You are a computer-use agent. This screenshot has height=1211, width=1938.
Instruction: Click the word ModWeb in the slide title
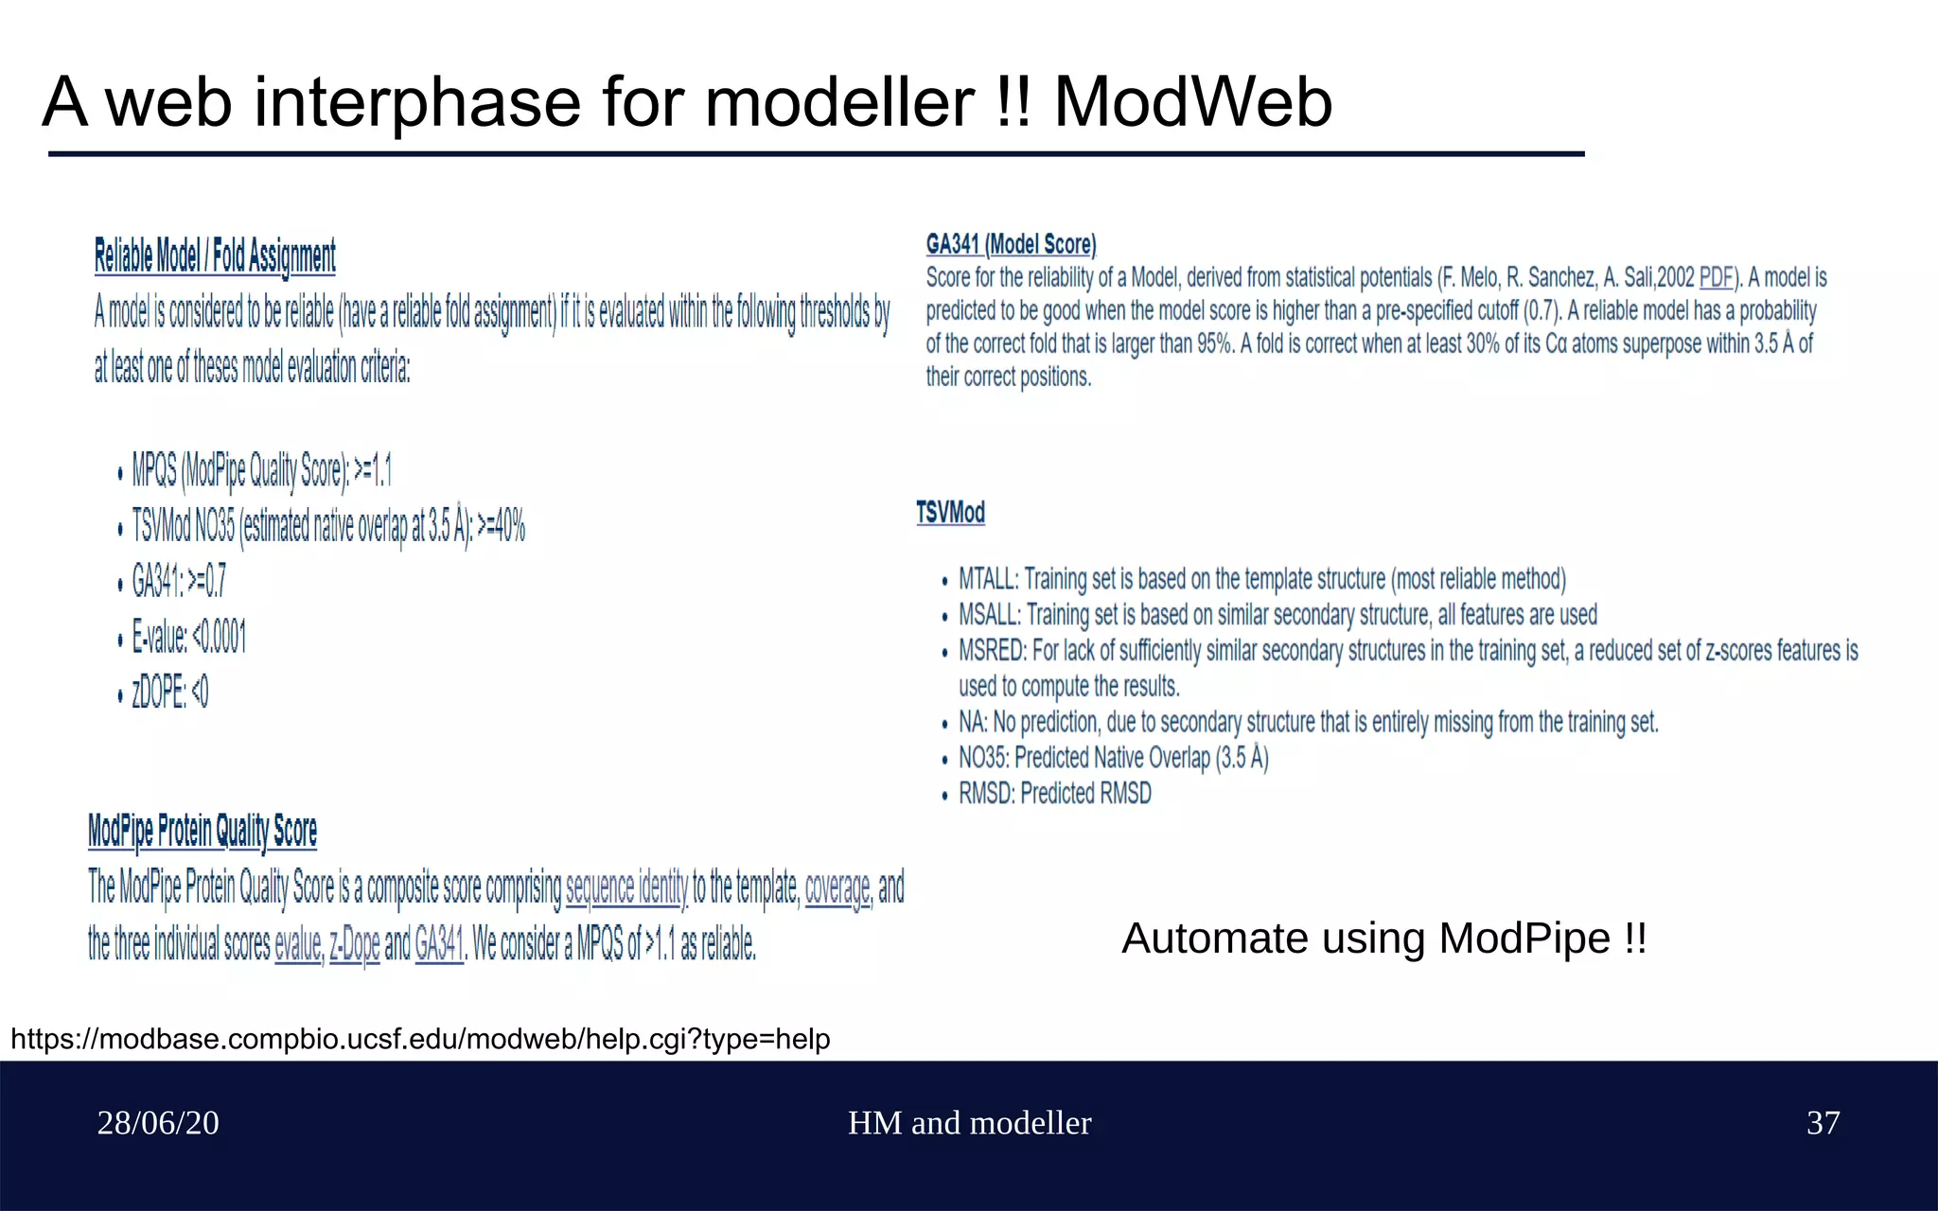pos(1192,102)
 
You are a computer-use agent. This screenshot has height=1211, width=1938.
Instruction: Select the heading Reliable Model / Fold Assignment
pos(215,256)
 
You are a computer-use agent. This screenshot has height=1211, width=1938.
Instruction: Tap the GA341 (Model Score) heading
pos(1011,244)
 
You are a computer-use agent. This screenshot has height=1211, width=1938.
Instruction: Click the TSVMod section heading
pos(950,513)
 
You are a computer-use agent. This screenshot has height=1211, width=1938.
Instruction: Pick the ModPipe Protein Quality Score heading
pos(202,831)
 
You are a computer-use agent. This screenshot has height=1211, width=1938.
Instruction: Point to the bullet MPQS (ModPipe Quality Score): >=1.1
pos(261,470)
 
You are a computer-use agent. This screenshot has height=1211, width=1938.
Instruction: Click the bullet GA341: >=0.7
pos(179,581)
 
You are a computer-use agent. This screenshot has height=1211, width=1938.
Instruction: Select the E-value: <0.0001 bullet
pos(189,638)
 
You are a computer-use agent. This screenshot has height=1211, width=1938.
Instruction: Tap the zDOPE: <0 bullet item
pos(170,693)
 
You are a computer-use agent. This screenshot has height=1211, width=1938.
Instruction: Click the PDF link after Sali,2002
pos(1716,278)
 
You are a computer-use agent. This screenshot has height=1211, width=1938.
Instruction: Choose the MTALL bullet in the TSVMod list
pos(1261,579)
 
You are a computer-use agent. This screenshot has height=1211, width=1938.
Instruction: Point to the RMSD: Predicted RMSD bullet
pos(1054,794)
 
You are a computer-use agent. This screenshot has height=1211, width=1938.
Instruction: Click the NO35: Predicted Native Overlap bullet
pos(1113,758)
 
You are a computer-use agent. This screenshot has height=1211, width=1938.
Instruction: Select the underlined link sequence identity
pos(626,887)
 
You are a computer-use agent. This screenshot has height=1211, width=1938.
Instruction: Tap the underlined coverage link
pos(837,887)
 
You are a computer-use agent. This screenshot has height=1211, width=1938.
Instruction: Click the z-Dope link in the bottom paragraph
pos(354,944)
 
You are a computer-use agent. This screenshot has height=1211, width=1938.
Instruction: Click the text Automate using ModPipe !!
pos(1383,939)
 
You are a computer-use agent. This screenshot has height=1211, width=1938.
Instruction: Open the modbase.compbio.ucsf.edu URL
pos(420,1039)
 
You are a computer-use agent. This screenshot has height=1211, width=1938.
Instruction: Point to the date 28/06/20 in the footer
pos(158,1123)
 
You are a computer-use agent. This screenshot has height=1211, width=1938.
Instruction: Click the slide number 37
pos(1823,1123)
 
